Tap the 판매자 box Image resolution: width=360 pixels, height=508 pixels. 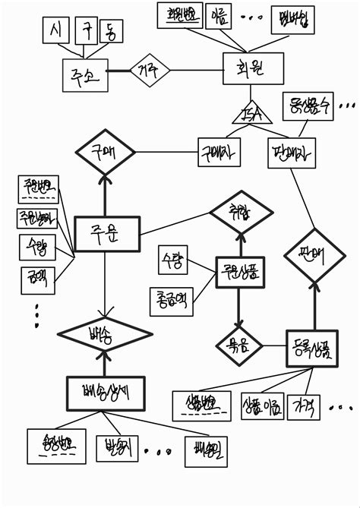[x=292, y=152]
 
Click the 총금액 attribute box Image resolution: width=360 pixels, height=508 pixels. [x=171, y=300]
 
